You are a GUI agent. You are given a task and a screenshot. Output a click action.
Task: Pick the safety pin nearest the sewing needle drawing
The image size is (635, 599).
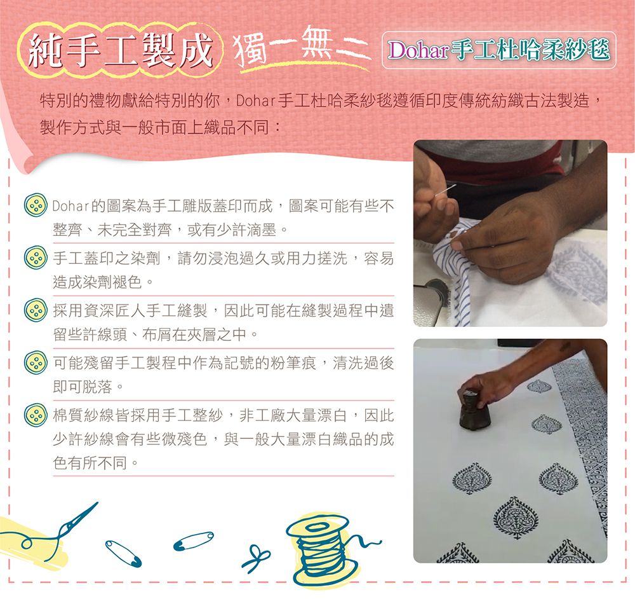click(123, 553)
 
